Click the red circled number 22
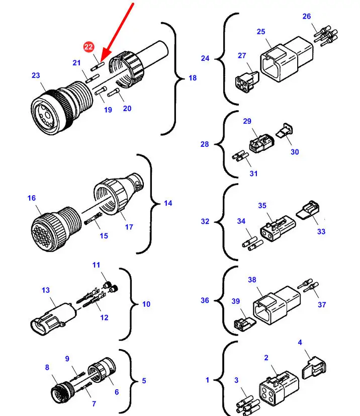pos(89,47)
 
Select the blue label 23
pos(36,75)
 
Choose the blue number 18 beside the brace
pos(193,78)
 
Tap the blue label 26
pos(307,17)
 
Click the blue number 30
pos(295,151)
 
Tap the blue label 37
pos(322,305)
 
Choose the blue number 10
pos(146,304)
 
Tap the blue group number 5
pos(144,381)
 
